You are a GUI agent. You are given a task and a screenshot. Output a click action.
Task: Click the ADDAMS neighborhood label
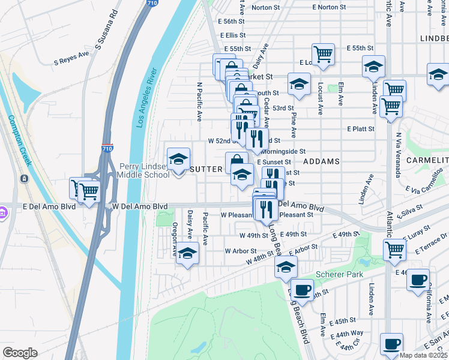pos(322,161)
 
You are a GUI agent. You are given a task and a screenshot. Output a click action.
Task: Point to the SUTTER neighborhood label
pos(206,169)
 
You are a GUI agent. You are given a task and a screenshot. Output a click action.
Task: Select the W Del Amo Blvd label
pos(140,206)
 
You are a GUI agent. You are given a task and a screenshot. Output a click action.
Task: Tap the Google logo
pos(20,353)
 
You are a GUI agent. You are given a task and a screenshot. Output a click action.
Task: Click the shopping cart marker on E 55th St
pos(323,53)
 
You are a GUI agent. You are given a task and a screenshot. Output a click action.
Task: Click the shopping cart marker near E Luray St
pos(394,248)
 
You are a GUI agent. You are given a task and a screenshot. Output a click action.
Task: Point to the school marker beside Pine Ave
pos(298,85)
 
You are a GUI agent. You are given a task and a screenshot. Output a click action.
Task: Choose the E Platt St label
pos(361,129)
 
